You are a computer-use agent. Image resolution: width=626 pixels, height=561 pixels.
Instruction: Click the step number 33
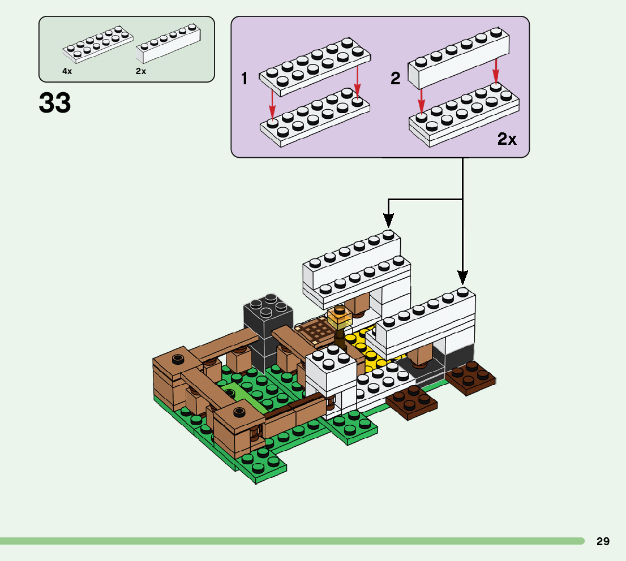(x=55, y=103)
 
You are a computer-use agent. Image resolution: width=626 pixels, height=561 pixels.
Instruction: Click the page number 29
(x=603, y=541)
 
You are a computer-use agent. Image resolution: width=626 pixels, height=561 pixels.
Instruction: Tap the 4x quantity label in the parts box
(x=67, y=71)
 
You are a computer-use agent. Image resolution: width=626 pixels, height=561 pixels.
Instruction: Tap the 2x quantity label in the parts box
(x=141, y=71)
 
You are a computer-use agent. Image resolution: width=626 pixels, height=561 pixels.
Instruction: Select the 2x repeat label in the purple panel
(x=507, y=139)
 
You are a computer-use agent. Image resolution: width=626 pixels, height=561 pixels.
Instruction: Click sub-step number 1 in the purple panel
(x=245, y=79)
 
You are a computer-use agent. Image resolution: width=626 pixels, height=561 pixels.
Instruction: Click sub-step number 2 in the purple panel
(x=395, y=79)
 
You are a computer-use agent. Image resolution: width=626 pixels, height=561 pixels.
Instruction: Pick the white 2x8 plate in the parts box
(x=98, y=45)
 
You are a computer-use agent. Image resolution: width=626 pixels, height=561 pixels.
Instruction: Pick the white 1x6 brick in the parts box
(x=169, y=45)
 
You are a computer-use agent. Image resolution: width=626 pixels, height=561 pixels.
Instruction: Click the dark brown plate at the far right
(x=470, y=378)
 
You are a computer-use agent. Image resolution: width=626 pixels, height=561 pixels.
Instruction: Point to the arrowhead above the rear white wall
(x=388, y=219)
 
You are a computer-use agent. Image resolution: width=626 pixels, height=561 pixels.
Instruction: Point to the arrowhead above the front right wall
(x=463, y=278)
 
